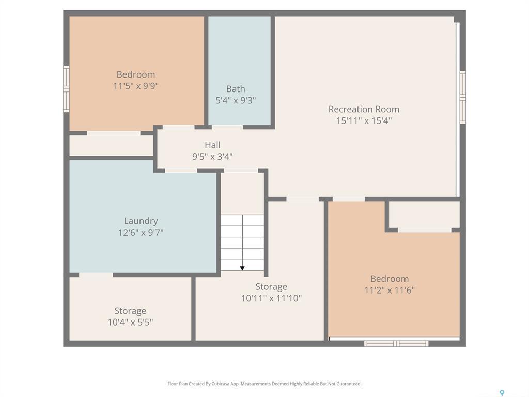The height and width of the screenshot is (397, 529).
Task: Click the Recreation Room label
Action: click(364, 109)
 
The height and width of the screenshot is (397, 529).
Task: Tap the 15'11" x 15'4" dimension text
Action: click(364, 120)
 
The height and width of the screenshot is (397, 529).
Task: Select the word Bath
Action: click(236, 89)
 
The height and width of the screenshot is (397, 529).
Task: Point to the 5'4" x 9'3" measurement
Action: click(236, 100)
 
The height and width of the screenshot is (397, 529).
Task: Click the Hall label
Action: click(212, 145)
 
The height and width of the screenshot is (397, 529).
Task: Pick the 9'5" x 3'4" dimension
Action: click(212, 156)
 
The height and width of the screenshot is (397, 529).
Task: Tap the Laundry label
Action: click(141, 221)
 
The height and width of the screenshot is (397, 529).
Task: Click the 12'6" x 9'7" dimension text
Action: click(141, 233)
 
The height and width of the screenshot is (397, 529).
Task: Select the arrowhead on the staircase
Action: click(242, 267)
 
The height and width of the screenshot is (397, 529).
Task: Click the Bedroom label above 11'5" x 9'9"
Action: click(135, 74)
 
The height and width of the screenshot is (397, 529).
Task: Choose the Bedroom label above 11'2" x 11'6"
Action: click(390, 279)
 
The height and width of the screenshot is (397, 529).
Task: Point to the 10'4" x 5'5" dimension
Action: click(130, 322)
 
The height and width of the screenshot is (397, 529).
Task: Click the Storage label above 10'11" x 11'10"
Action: click(271, 287)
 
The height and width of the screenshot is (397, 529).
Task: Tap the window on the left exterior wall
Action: click(66, 88)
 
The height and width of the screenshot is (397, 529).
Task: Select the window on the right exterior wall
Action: click(463, 97)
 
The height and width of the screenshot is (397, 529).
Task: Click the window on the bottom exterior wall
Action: click(396, 343)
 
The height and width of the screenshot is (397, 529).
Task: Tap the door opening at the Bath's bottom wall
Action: click(227, 127)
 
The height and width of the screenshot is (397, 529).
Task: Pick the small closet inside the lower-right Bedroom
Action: click(424, 214)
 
